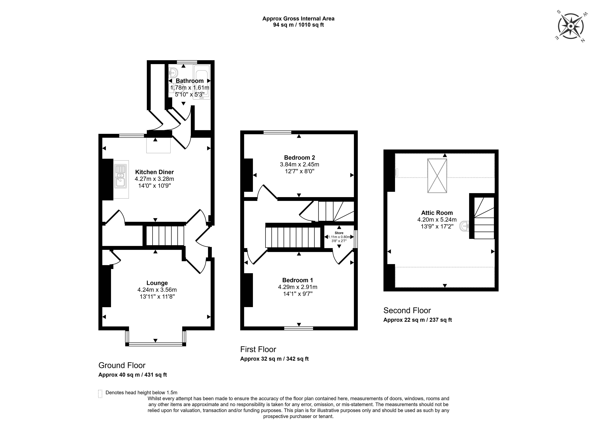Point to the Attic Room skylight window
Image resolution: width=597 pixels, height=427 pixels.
click(x=437, y=176)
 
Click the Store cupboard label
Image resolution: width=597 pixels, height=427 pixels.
click(x=339, y=233)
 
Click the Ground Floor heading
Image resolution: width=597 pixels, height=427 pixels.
click(x=122, y=365)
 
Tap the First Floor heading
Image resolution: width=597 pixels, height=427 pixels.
click(x=258, y=349)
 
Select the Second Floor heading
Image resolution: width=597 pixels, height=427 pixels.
click(x=407, y=310)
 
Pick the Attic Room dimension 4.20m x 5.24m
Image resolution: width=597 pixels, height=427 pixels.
click(x=437, y=220)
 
